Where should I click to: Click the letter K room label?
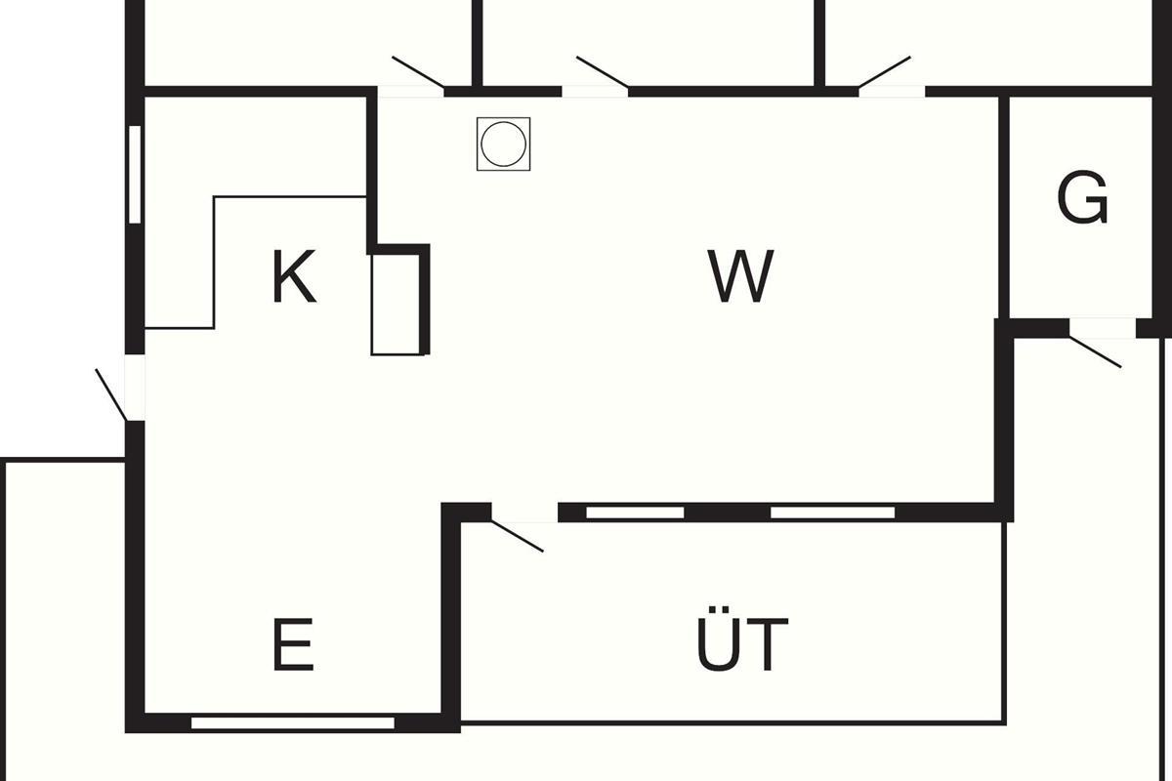coord(294,277)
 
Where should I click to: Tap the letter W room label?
coord(740,277)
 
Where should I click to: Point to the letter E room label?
coord(293,645)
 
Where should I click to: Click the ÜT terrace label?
coord(743,645)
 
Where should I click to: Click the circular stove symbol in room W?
coord(504,144)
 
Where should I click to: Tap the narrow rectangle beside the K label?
coord(397,304)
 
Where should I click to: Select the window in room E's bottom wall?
coord(293,723)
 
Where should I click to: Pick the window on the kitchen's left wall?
coord(135,174)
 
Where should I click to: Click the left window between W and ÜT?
coord(634,513)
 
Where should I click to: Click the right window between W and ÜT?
coord(832,513)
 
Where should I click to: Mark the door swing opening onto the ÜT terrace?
coord(518,532)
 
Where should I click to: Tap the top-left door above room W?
coord(415,78)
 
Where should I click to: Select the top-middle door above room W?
coord(598,78)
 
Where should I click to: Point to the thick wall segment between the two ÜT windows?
coord(727,513)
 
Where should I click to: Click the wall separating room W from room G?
coord(1003,205)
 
